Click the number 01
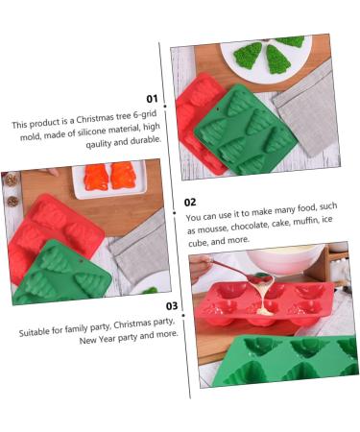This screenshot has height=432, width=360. click(152, 99)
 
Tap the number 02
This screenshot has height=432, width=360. click(190, 203)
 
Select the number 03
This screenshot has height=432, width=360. click(172, 306)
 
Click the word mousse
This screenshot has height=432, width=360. click(212, 228)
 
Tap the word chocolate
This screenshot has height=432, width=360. click(250, 226)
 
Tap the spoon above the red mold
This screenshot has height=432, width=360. click(243, 272)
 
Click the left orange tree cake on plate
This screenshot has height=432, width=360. click(96, 177)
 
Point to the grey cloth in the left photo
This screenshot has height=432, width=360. click(141, 246)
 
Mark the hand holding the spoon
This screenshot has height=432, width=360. click(200, 268)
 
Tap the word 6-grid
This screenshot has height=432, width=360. click(145, 115)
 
